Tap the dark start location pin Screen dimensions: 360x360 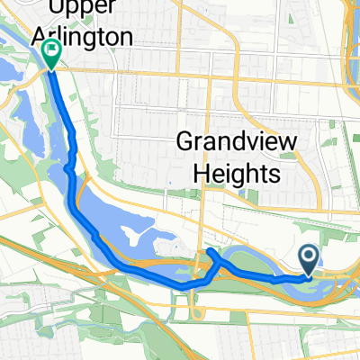point(309,261)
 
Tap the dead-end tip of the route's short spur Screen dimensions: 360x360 point(210,250)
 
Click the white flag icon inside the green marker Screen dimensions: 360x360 point(51,51)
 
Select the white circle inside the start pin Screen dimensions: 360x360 point(309,257)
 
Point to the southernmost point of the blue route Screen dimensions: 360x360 point(184,286)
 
